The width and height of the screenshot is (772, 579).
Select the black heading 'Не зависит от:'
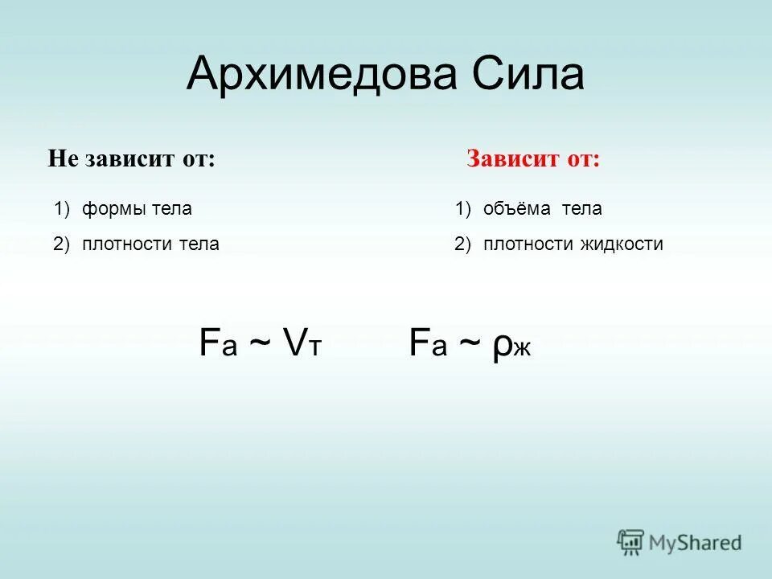click(x=132, y=158)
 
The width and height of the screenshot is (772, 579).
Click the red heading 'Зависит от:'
click(x=533, y=158)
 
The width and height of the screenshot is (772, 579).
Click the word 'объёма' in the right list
click(x=516, y=209)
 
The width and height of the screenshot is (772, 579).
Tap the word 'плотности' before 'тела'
click(x=121, y=244)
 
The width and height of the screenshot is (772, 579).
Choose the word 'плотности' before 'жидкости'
click(x=523, y=244)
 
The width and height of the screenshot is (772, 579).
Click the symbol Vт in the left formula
click(x=302, y=343)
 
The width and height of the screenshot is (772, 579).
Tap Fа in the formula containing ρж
click(x=427, y=343)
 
